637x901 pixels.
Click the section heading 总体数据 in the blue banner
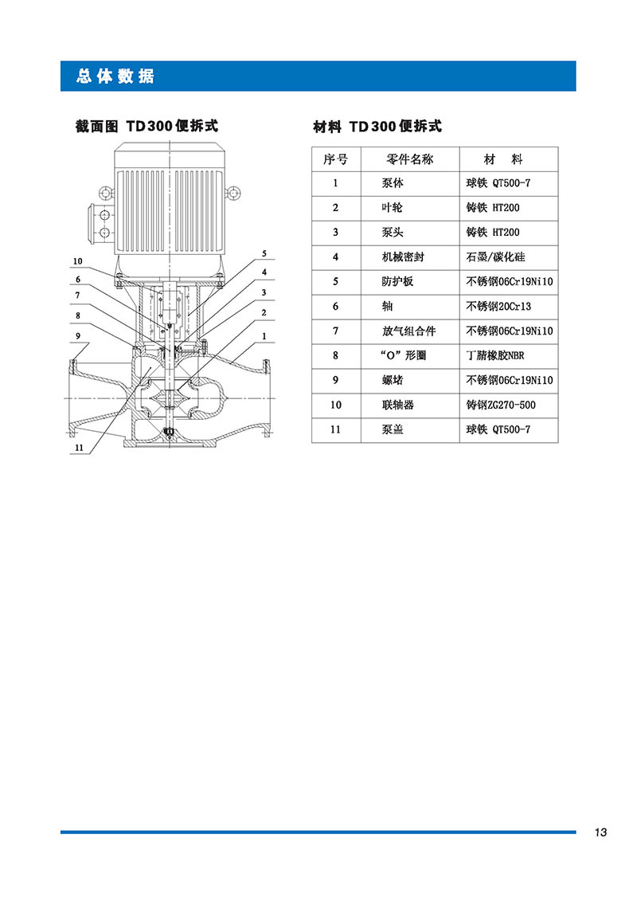(115, 76)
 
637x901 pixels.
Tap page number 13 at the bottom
(600, 832)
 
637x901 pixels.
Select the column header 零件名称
(409, 159)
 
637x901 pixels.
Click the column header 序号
(335, 159)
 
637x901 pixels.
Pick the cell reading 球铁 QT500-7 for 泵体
(498, 183)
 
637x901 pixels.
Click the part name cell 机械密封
(403, 257)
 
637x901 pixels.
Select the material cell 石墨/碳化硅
(495, 257)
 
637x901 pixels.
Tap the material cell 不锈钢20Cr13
(498, 306)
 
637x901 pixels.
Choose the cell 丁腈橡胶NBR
(495, 355)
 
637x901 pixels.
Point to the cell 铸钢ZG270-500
(500, 405)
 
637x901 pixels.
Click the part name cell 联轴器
(397, 405)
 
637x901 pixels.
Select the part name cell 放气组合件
(408, 331)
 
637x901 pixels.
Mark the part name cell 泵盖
(393, 429)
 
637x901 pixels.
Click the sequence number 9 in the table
(335, 381)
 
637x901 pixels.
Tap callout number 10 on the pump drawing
(77, 261)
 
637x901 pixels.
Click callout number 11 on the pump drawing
(80, 448)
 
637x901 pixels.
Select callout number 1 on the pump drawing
(264, 336)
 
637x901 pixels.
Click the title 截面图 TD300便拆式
(147, 126)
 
